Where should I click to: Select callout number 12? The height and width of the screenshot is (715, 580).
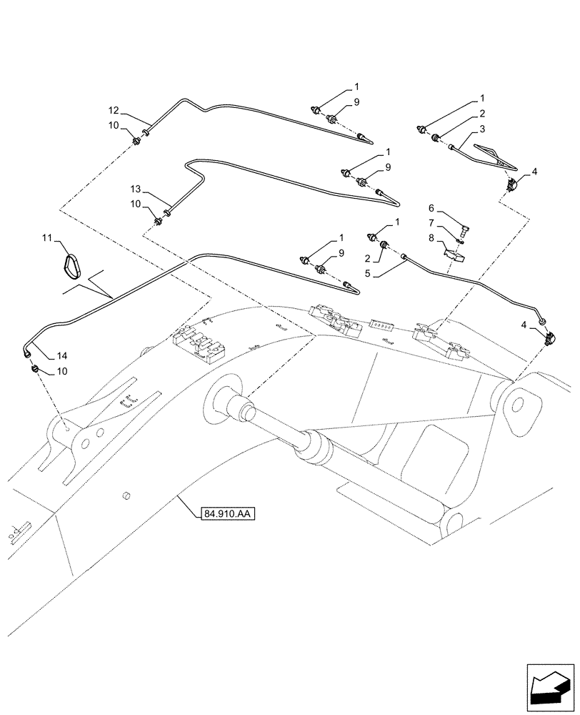(x=114, y=111)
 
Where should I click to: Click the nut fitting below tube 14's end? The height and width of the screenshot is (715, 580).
(x=34, y=369)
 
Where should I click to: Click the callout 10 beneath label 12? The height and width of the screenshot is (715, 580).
(x=114, y=126)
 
